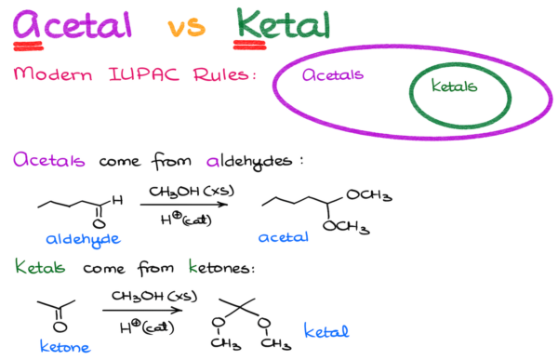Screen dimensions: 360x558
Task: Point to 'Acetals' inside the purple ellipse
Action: coord(333,75)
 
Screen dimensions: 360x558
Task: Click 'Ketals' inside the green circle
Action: coord(453,87)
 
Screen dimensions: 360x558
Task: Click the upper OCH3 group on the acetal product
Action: coord(368,195)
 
